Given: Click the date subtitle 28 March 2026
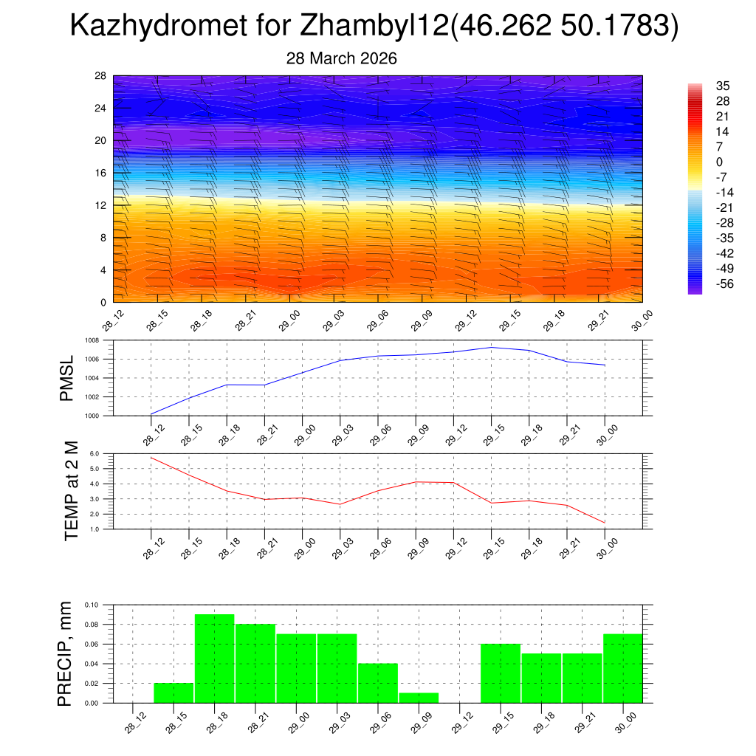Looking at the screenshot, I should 342,58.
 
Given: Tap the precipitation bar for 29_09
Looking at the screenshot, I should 419,698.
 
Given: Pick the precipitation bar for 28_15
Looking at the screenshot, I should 173,693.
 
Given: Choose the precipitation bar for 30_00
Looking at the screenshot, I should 622,668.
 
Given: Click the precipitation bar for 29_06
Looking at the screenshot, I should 378,683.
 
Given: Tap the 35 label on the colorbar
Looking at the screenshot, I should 723,86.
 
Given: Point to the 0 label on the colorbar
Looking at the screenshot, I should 719,162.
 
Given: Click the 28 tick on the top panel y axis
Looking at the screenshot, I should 101,76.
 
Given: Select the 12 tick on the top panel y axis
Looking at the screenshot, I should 101,205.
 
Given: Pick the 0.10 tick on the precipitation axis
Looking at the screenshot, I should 91,605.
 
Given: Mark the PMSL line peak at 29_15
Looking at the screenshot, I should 491,347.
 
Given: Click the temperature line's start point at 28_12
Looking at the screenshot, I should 151,458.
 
